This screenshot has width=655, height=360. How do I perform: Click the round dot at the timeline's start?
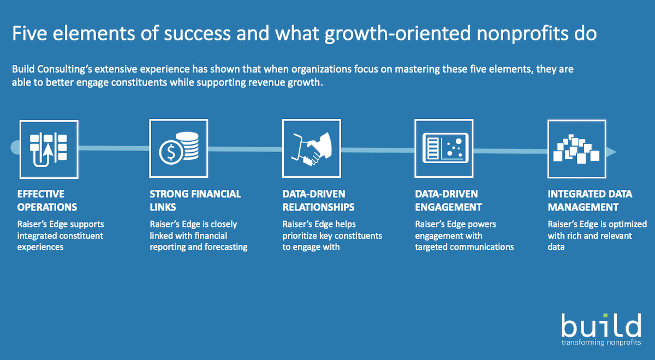click(x=15, y=146)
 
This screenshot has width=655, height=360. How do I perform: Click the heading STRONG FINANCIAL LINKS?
click(x=195, y=200)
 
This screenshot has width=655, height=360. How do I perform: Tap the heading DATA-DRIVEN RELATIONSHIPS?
click(x=318, y=200)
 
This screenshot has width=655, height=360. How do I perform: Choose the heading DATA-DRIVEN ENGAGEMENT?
click(x=448, y=200)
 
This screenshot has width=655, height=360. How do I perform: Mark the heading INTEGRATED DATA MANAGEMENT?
click(x=589, y=200)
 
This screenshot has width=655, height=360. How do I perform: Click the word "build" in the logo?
click(x=600, y=326)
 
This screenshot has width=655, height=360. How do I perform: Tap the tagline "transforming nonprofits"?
click(x=601, y=343)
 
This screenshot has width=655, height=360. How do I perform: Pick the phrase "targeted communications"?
click(x=465, y=247)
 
